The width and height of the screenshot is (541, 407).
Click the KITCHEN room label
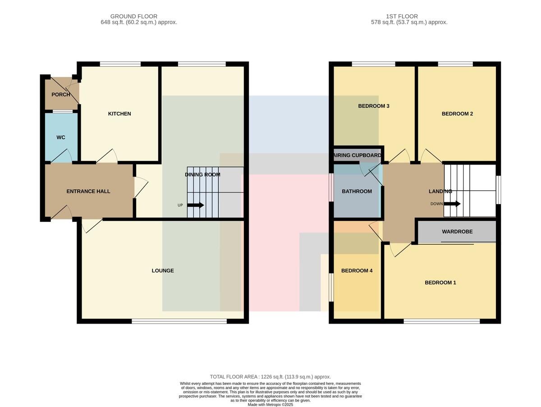pyautogui.click(x=119, y=114)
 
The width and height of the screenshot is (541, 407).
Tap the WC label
pyautogui.click(x=61, y=137)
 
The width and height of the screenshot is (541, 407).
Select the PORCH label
pyautogui.click(x=61, y=94)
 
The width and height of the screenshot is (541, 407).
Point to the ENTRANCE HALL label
pyautogui.click(x=88, y=191)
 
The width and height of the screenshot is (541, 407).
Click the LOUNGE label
pyautogui.click(x=163, y=270)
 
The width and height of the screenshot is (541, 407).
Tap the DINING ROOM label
pyautogui.click(x=202, y=175)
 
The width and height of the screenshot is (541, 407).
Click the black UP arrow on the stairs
pyautogui.click(x=196, y=205)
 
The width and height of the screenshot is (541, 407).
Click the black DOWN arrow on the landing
pyautogui.click(x=452, y=204)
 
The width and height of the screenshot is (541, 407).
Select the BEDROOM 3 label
pyautogui.click(x=374, y=106)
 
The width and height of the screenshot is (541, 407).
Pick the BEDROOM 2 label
pyautogui.click(x=457, y=114)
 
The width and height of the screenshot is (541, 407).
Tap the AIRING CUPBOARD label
pyautogui.click(x=357, y=155)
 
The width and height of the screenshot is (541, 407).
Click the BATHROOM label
pyautogui.click(x=357, y=191)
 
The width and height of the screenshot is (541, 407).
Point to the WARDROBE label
pyautogui.click(x=457, y=232)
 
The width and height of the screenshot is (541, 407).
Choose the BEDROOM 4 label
pyautogui.click(x=357, y=270)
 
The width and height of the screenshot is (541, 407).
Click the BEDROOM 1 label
pyautogui.click(x=440, y=283)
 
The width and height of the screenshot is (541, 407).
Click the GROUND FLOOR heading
pyautogui.click(x=134, y=16)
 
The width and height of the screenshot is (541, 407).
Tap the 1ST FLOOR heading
pyautogui.click(x=402, y=16)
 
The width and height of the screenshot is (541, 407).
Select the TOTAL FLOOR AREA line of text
pyautogui.click(x=270, y=377)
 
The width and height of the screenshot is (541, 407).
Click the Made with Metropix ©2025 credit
pyautogui.click(x=270, y=405)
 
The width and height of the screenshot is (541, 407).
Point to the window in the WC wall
pyautogui.click(x=63, y=112)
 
